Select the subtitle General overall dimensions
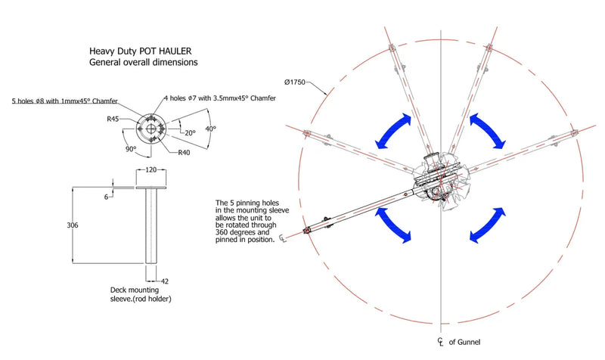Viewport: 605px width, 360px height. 144,62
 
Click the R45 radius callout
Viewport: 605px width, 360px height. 114,118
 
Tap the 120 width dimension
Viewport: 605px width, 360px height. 151,170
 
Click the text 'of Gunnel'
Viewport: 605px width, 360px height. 464,341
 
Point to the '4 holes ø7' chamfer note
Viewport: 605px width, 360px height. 220,98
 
